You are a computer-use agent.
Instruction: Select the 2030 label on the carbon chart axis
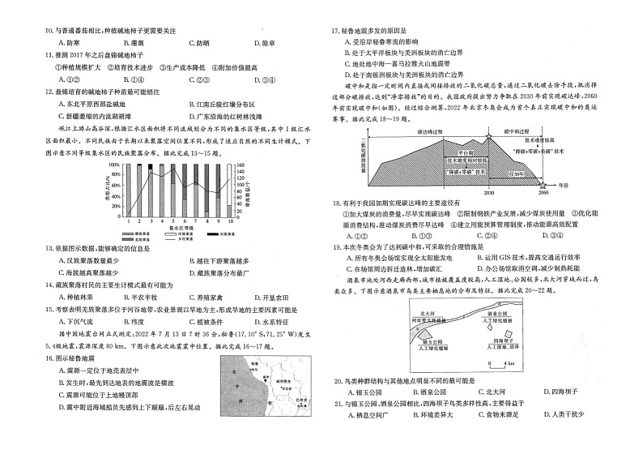488,193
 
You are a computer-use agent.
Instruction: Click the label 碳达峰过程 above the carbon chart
431,130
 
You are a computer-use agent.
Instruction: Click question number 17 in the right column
334,32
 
